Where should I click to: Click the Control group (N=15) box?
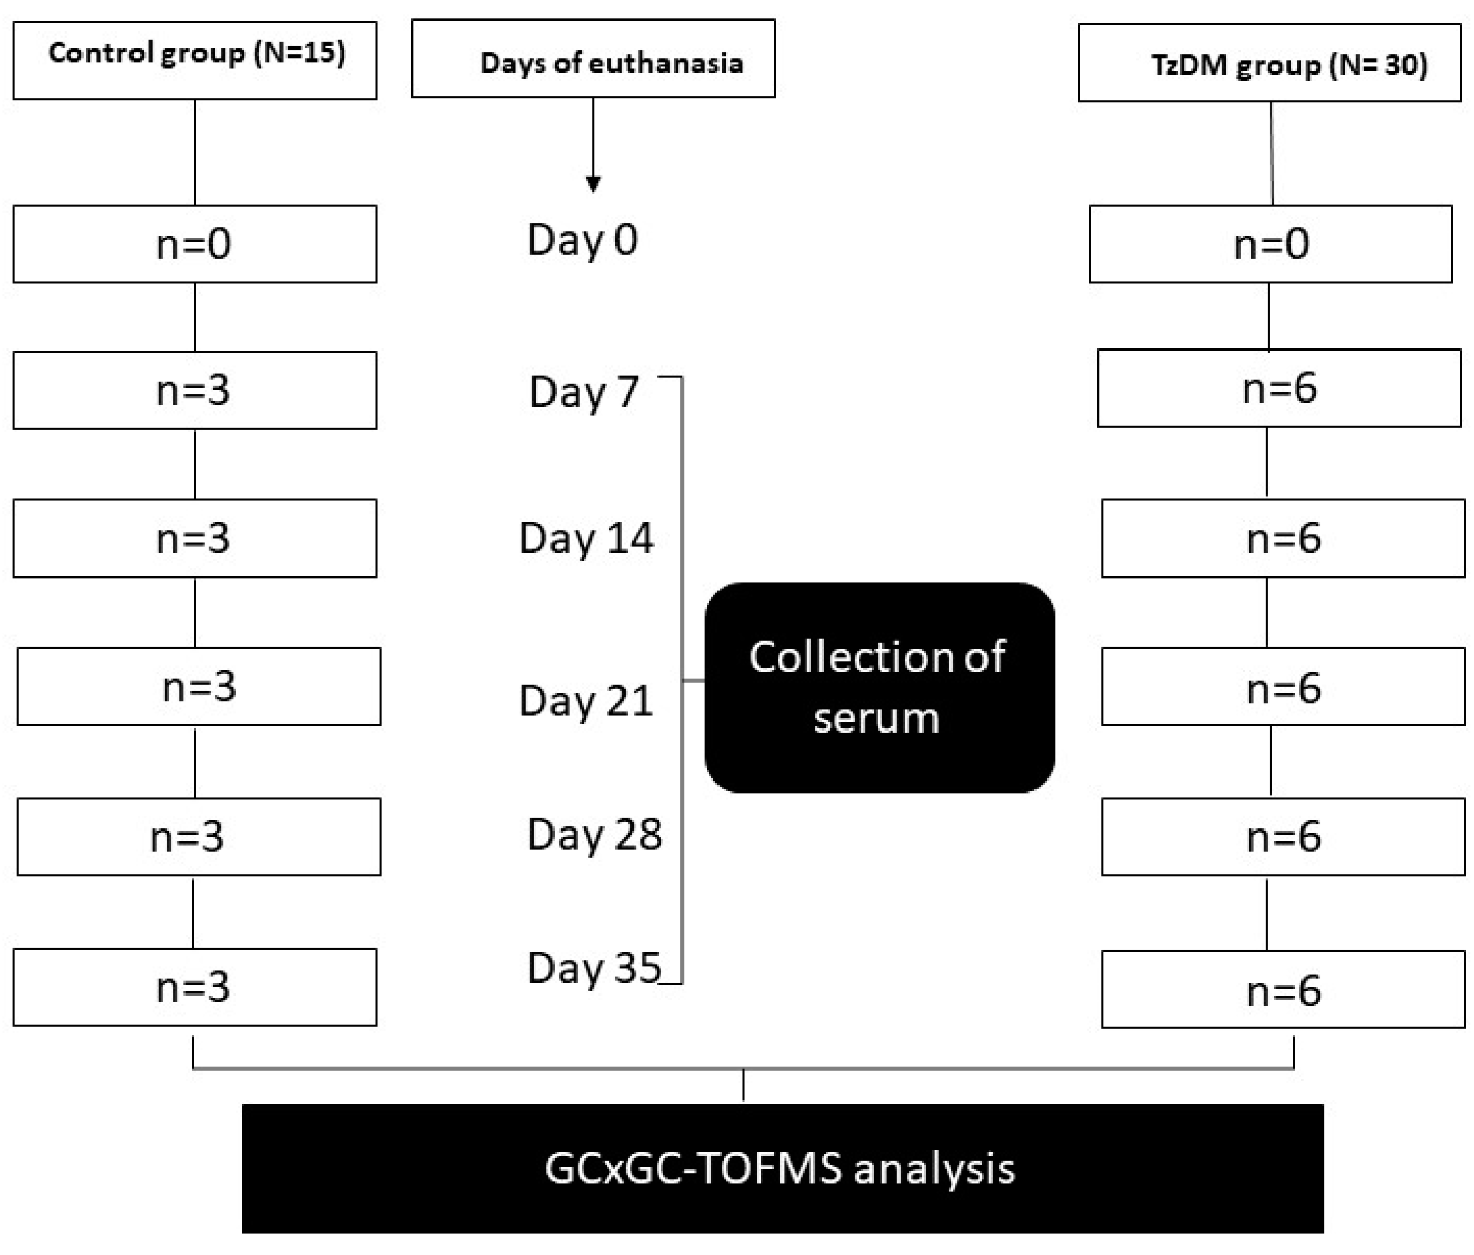click(195, 60)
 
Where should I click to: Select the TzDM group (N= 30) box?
click(1269, 63)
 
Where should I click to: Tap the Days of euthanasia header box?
click(593, 59)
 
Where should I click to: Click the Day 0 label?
click(582, 240)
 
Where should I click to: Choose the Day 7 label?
click(583, 392)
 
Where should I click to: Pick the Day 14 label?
click(585, 539)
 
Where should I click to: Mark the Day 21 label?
click(585, 701)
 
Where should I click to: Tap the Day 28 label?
click(594, 834)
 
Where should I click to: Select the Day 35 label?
click(594, 967)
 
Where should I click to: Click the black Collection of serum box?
click(879, 687)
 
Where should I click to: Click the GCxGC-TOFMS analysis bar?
click(782, 1168)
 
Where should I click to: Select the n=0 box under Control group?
click(195, 244)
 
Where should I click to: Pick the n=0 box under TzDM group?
click(1271, 244)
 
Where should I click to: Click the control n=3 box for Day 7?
click(195, 390)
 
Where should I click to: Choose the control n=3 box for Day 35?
click(195, 987)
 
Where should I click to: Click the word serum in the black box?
click(876, 719)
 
